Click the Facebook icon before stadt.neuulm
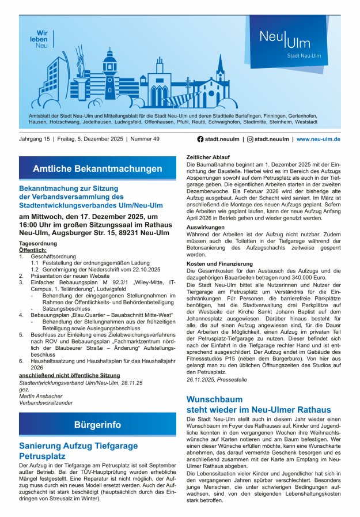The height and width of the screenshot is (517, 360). (x=200, y=139)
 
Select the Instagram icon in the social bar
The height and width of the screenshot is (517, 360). (x=250, y=139)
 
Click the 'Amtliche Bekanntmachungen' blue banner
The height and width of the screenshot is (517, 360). (x=97, y=168)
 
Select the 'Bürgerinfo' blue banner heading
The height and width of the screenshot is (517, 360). (x=97, y=425)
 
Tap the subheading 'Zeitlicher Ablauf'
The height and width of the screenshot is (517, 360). (x=209, y=157)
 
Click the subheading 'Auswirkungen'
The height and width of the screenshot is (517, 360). (x=206, y=227)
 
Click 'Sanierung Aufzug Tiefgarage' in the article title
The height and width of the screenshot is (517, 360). (x=78, y=446)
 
